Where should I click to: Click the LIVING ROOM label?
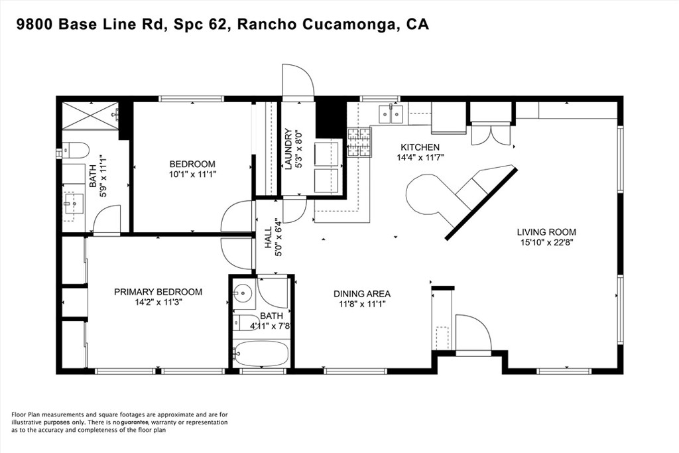coord(546,232)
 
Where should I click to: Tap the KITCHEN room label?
coord(419,147)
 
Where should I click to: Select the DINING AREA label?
coord(361,294)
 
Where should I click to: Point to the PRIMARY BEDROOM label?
coord(158,292)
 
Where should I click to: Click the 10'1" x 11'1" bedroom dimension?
coord(192,175)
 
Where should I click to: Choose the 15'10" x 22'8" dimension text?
coord(546,242)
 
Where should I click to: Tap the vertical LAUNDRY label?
coord(288,149)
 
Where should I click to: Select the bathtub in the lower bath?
coord(262,354)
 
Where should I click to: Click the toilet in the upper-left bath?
coord(75,150)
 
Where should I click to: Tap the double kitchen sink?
coord(391,115)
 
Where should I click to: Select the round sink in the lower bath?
coord(243,291)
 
